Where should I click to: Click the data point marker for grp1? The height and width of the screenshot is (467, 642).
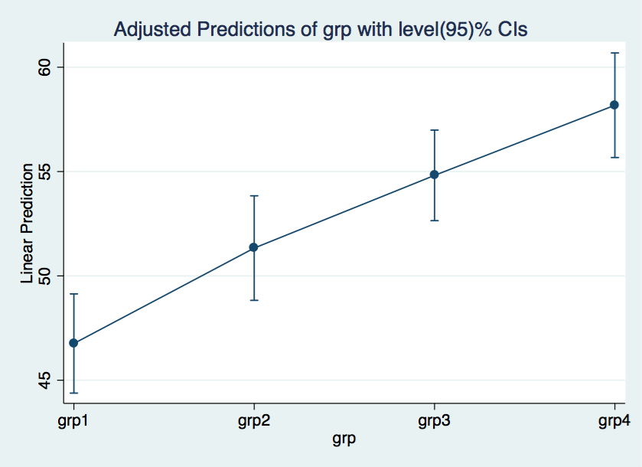click(73, 343)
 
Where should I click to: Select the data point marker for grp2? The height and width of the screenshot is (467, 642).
click(254, 247)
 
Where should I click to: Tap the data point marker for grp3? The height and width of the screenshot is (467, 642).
click(435, 175)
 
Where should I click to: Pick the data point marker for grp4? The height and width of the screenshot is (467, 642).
click(614, 106)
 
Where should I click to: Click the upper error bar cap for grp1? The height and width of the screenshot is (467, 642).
click(73, 294)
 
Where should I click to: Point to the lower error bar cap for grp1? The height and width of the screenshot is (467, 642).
click(73, 393)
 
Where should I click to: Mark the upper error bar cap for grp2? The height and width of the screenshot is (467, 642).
click(254, 196)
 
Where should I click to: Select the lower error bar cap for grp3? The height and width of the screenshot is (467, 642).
click(435, 220)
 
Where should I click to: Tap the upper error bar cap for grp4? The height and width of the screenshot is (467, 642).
click(614, 53)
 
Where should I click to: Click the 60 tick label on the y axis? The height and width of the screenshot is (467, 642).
click(44, 67)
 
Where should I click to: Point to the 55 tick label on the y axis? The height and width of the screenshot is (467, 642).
click(44, 171)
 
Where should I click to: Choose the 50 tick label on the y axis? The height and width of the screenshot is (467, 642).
click(44, 276)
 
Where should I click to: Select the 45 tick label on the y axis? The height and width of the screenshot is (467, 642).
click(44, 380)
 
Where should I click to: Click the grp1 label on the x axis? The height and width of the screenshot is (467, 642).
click(73, 421)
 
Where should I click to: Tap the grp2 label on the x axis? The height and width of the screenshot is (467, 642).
click(254, 421)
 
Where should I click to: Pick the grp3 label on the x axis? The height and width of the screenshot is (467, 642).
click(434, 421)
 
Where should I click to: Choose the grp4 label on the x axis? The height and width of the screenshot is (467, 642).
click(614, 421)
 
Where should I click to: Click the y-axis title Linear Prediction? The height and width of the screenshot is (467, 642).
click(27, 224)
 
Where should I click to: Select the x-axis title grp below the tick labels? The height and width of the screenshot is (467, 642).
click(344, 439)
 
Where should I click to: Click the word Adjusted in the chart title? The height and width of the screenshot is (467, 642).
click(153, 30)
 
